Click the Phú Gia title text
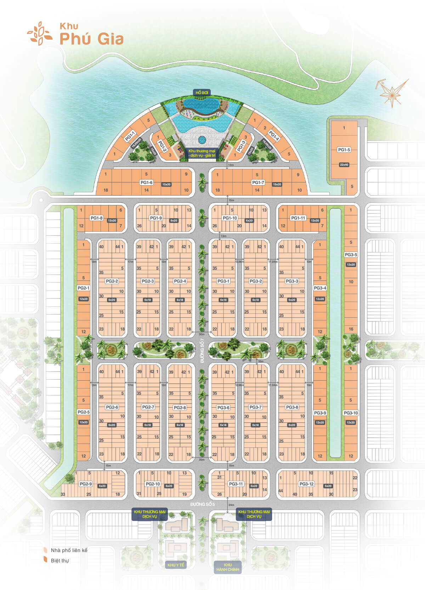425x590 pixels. click(91, 39)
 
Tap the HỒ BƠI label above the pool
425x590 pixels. click(202, 92)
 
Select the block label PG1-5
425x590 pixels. click(344, 150)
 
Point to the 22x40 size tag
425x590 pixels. click(344, 165)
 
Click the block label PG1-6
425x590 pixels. click(146, 182)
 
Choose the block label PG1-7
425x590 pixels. click(258, 182)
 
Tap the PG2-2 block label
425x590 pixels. click(112, 281)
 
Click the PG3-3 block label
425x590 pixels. click(292, 281)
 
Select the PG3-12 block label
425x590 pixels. click(306, 484)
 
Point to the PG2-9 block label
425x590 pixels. click(86, 484)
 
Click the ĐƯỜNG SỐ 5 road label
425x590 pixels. click(203, 504)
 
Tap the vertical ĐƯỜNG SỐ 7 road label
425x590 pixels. click(202, 350)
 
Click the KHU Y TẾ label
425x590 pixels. click(176, 565)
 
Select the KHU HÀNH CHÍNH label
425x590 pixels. click(228, 567)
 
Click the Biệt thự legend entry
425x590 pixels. click(59, 560)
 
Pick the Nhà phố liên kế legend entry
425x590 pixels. click(69, 550)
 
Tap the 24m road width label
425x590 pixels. click(231, 505)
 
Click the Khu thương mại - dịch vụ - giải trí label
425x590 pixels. click(202, 153)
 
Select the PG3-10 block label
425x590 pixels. click(351, 413)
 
